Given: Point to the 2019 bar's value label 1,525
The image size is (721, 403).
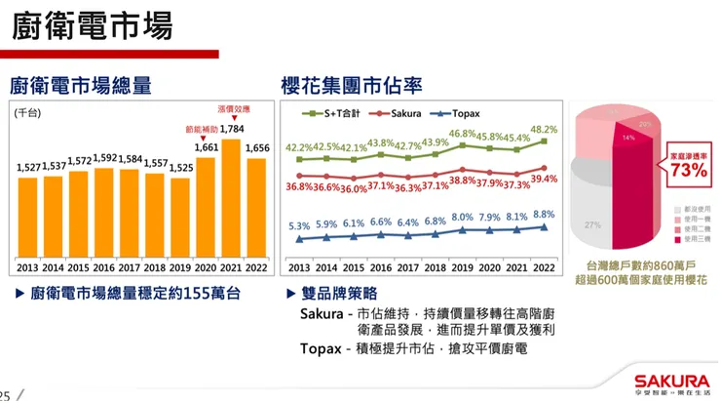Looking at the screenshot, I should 180,168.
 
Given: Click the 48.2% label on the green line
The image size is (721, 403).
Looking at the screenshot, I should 543,129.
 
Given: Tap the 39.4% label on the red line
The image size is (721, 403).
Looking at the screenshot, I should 543,179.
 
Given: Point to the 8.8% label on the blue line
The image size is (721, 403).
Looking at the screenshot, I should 544,215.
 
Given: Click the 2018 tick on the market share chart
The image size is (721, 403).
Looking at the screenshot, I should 435,266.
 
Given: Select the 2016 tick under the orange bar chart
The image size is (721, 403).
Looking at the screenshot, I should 104,266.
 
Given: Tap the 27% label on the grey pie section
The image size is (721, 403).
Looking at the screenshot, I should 591,225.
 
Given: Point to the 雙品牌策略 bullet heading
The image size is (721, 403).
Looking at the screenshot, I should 340,293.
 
